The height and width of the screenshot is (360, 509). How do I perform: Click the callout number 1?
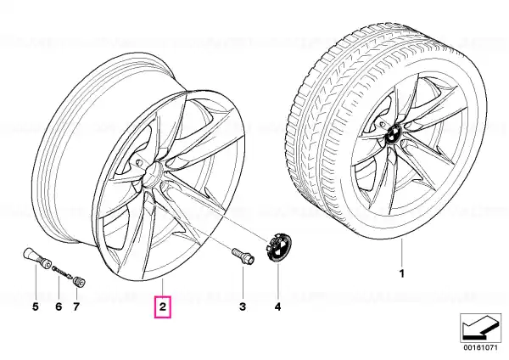pyautogui.click(x=402, y=273)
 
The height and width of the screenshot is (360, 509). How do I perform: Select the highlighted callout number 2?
pyautogui.click(x=162, y=306)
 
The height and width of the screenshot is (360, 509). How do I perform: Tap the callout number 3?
pyautogui.click(x=243, y=306)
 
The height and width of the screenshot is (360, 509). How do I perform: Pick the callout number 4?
pyautogui.click(x=277, y=306)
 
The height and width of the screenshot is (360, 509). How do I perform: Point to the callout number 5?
pyautogui.click(x=36, y=306)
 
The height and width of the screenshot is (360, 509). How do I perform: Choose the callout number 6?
pyautogui.click(x=59, y=306)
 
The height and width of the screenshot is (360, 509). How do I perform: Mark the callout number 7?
pyautogui.click(x=76, y=306)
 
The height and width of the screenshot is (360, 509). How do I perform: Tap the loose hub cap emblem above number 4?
pyautogui.click(x=278, y=247)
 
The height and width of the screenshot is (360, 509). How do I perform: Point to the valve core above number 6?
pyautogui.click(x=62, y=272)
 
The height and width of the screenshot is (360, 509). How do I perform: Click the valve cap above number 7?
pyautogui.click(x=79, y=282)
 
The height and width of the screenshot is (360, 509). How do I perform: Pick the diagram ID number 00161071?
pyautogui.click(x=480, y=347)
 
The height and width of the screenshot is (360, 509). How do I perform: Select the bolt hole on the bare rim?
pyautogui.click(x=139, y=162)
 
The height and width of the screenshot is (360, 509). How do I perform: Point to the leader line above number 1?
pyautogui.click(x=402, y=251)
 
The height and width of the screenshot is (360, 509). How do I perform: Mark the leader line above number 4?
pyautogui.click(x=277, y=279)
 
